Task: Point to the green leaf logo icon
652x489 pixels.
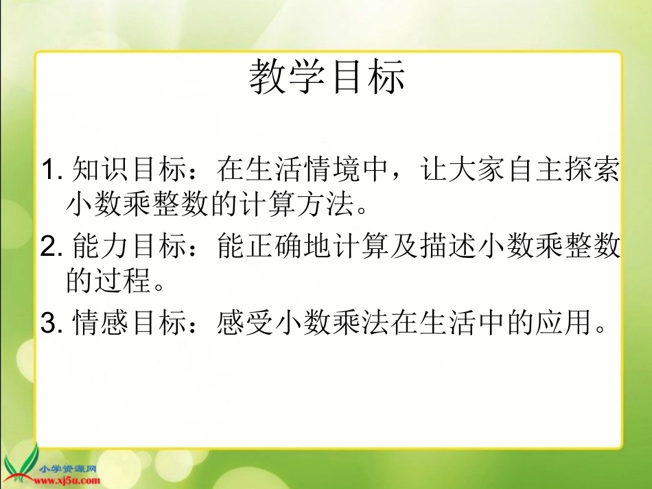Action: tap(22, 463)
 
